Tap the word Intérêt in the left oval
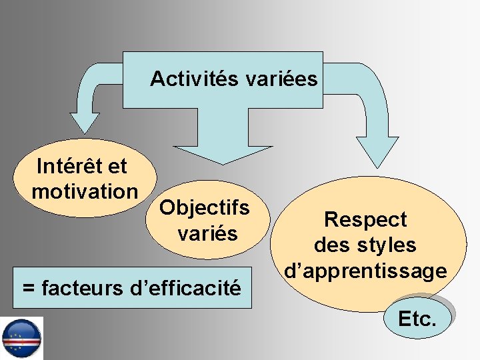[x=65, y=165]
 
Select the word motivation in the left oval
[x=85, y=192]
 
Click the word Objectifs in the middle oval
[x=205, y=207]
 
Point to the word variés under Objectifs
[x=207, y=233]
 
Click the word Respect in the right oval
[x=365, y=219]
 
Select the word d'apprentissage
[x=365, y=271]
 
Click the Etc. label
[x=417, y=319]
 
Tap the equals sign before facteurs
[x=29, y=289]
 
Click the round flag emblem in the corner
[x=21, y=338]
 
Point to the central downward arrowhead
[x=219, y=154]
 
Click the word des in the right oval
[x=331, y=245]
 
